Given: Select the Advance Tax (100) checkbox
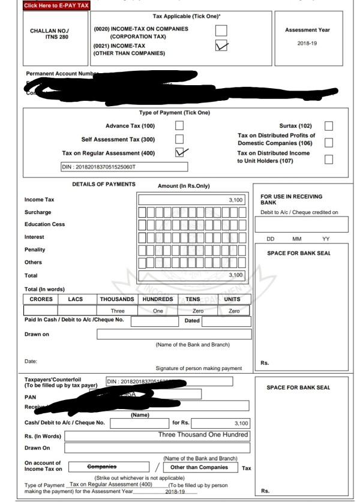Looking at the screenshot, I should point(179,125).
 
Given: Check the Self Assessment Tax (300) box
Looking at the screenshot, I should point(179,139).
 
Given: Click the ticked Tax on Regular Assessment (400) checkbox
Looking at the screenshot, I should point(179,154).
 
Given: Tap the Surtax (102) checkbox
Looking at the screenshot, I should point(328,125).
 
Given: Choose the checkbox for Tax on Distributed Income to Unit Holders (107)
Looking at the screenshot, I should point(328,159).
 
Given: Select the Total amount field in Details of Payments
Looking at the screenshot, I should point(192,275).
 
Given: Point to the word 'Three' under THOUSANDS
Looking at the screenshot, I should point(118,311).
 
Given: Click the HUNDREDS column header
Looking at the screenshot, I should point(157,299).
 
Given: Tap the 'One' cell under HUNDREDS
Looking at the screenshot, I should point(157,311).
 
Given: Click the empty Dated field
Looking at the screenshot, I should point(226,321).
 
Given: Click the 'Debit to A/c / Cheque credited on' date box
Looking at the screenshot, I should point(302,224).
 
